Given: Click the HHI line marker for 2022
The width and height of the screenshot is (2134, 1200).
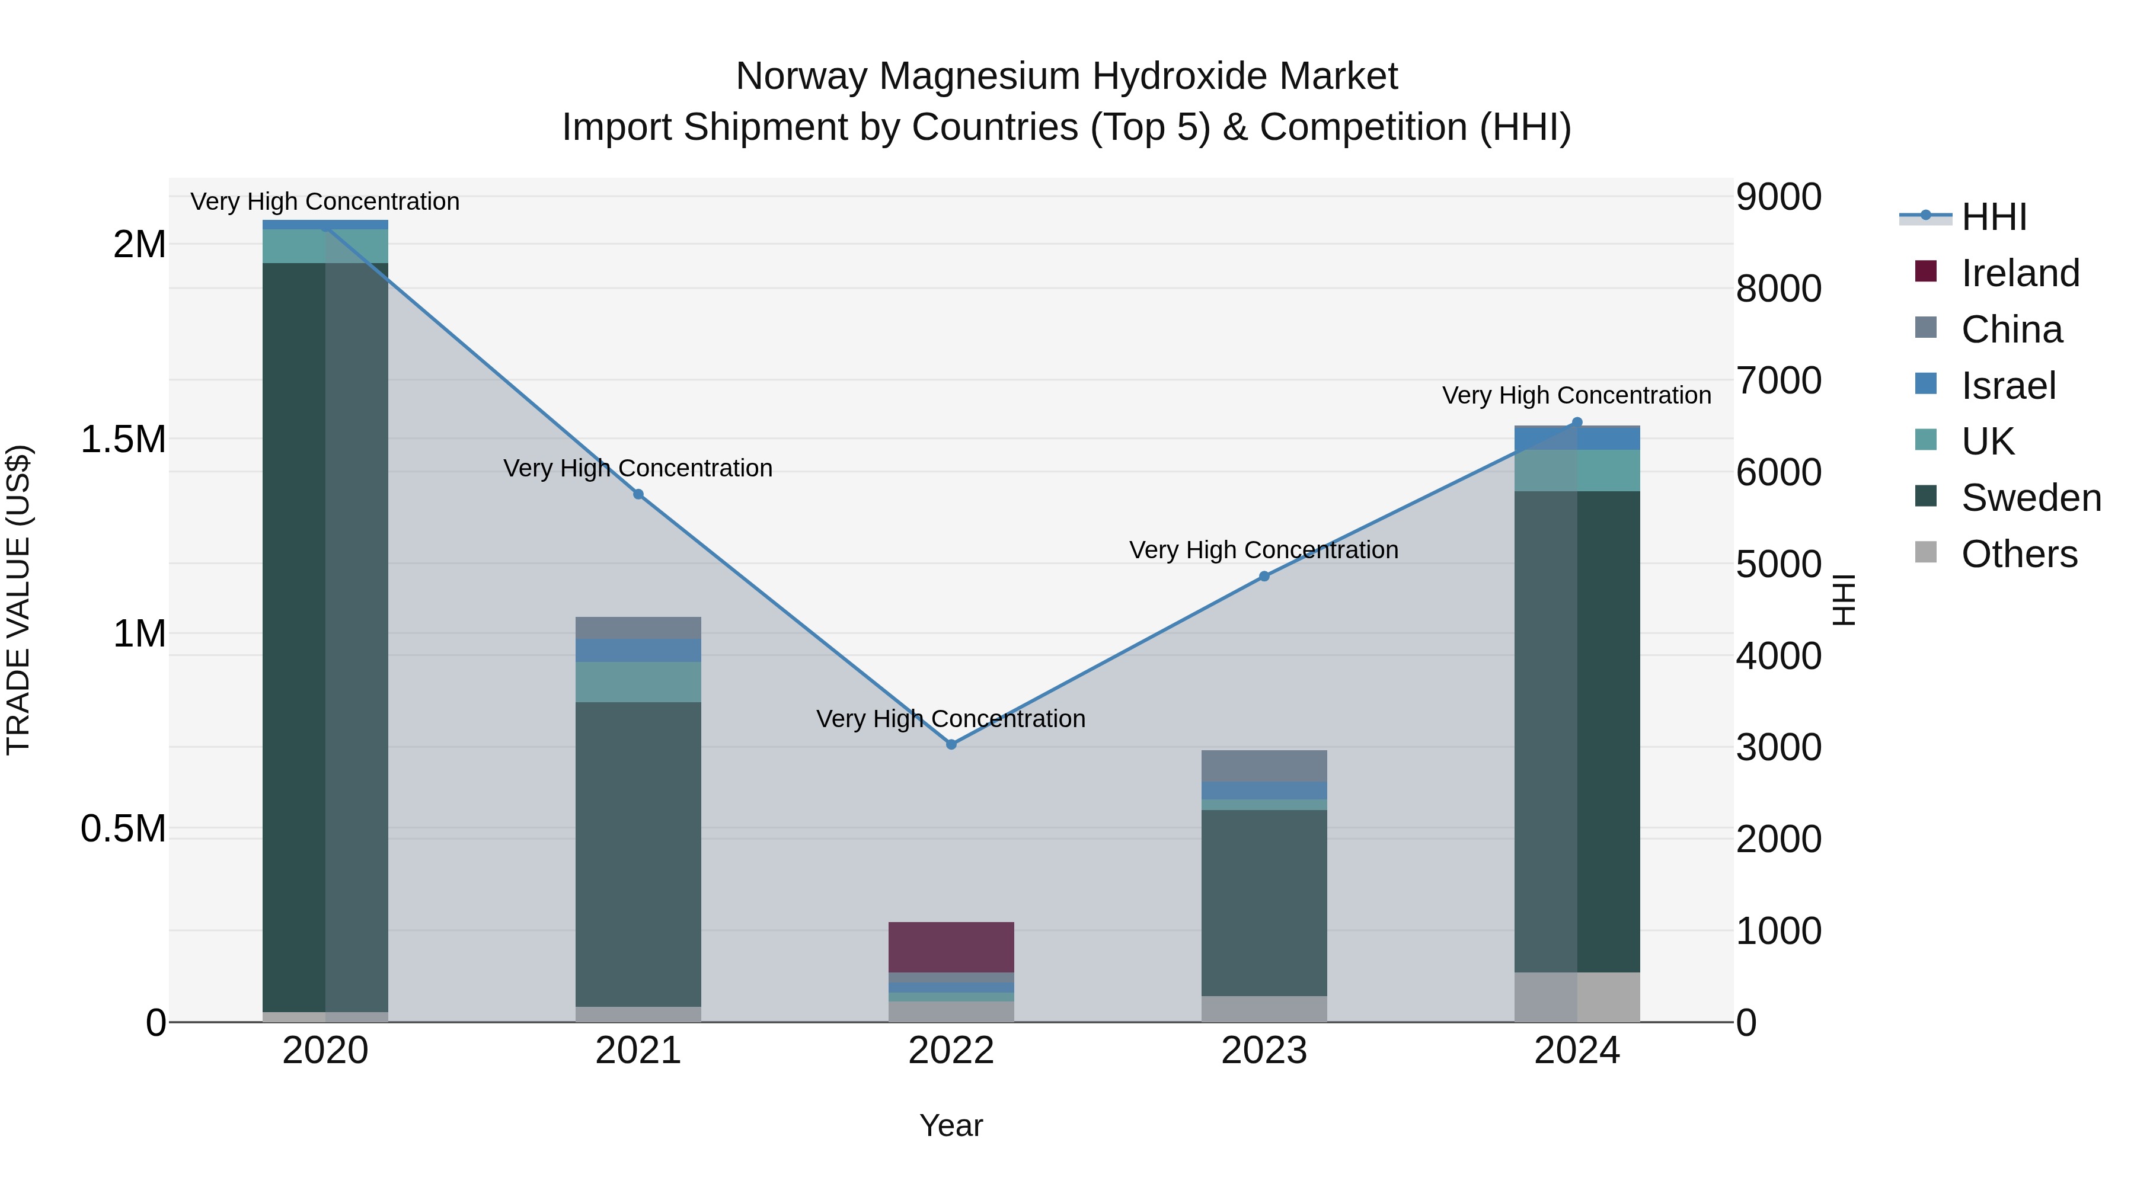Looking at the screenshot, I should point(951,744).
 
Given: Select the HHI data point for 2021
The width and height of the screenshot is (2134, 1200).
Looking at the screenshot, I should point(638,494).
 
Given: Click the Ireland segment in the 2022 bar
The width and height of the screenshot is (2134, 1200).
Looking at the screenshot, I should point(951,946).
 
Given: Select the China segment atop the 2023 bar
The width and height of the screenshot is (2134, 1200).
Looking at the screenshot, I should point(1264,766).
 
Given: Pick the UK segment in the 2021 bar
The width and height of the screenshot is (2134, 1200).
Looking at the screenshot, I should point(638,681).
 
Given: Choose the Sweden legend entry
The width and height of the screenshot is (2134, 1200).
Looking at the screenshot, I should point(2030,498).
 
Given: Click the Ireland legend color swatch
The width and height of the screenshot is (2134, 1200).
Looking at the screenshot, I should point(1926,271).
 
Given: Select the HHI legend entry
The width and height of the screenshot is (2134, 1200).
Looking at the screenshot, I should point(1993,217).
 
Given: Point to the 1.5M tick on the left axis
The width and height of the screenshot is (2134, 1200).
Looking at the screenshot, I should point(123,439).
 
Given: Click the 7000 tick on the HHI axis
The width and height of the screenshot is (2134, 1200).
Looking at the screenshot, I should point(1778,381).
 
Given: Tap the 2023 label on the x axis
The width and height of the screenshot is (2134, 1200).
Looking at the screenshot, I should point(1264,1051).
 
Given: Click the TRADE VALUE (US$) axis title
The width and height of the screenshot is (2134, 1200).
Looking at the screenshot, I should point(18,600).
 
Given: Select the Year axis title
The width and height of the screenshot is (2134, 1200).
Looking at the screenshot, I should point(951,1125).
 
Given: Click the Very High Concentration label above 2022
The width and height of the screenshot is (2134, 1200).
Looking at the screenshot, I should point(951,719).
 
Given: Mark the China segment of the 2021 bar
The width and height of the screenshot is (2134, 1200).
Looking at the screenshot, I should point(638,628).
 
